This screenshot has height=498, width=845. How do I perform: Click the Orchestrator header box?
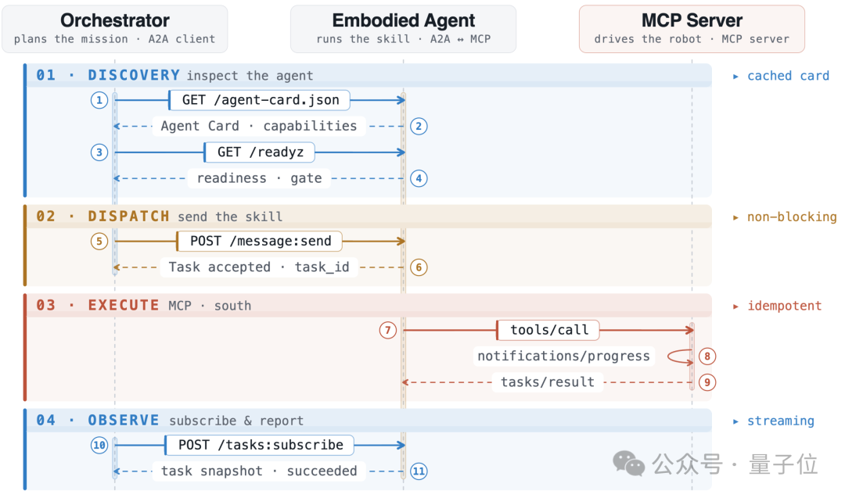115,29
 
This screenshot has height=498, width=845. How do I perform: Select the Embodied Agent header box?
403,29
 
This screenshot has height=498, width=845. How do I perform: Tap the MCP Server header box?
692,29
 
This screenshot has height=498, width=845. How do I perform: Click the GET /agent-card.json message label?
260,100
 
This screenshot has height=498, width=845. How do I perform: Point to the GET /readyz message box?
260,152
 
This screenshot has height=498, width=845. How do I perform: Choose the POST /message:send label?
260,242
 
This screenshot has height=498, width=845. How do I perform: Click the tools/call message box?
548,330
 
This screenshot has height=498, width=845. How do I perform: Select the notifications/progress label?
563,356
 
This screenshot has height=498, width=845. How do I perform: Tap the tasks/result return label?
548,382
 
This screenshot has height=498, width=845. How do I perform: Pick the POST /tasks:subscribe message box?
260,446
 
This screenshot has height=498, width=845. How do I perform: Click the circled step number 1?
99,100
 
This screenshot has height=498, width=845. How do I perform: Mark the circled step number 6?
419,267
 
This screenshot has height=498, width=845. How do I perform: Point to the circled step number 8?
707,356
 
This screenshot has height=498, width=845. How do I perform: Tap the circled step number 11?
419,471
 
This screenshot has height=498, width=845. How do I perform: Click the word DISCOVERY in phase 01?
135,75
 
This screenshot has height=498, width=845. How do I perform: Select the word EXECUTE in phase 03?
124,305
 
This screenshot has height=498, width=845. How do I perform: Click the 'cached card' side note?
788,76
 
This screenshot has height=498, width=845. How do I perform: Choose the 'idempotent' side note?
784,306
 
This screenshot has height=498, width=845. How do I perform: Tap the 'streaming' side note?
780,421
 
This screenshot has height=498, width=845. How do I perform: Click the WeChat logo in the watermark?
628,464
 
